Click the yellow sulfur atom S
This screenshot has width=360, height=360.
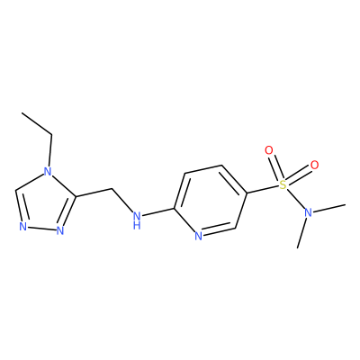(x=283, y=184)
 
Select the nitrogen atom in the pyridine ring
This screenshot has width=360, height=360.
(x=198, y=236)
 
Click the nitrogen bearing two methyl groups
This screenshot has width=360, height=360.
(x=308, y=212)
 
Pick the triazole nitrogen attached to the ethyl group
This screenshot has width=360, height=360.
(x=48, y=172)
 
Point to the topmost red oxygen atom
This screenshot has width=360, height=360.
(x=269, y=150)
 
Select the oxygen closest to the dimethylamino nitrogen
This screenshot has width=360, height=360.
(x=314, y=165)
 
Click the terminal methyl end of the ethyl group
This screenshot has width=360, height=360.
(x=22, y=113)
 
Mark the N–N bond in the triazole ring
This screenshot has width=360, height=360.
(x=41, y=228)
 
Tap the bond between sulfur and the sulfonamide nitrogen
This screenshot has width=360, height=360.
(x=295, y=199)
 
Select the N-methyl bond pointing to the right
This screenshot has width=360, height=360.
(x=328, y=209)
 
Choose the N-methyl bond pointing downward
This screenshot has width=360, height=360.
(x=301, y=233)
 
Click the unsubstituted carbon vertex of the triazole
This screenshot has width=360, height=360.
(x=16, y=190)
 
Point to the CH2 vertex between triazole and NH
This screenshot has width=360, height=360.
(x=112, y=189)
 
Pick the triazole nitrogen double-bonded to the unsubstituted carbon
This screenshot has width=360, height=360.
(x=22, y=226)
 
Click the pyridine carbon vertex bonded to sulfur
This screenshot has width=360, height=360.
(x=246, y=193)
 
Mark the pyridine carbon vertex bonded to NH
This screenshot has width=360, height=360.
(x=174, y=208)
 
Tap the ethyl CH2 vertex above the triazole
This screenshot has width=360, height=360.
(x=51, y=135)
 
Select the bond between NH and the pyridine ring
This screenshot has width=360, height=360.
(x=157, y=211)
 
